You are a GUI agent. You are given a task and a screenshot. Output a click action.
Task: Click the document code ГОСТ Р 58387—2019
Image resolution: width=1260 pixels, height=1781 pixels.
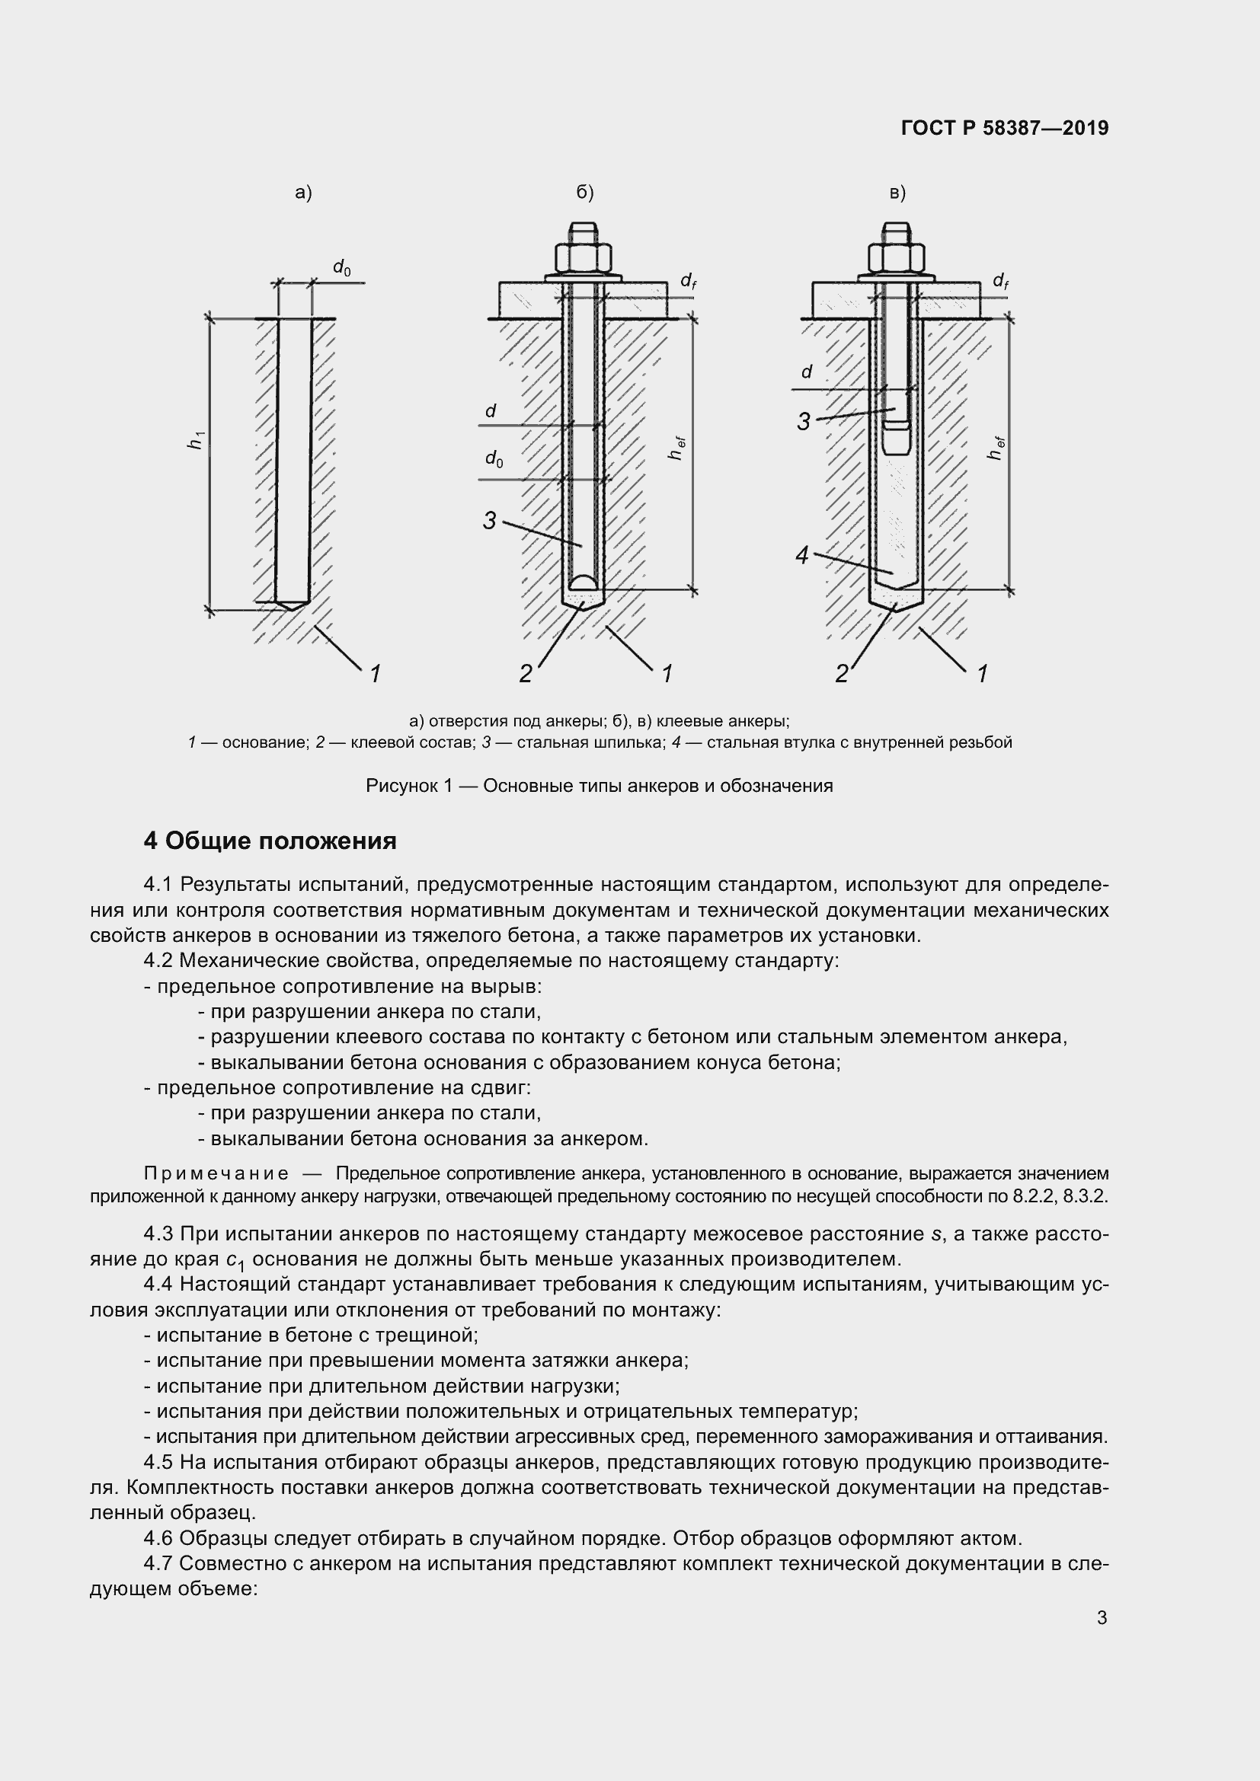pos(1005,128)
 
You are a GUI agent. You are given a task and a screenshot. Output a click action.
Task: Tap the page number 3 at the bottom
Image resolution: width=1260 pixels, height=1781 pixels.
pos(1102,1618)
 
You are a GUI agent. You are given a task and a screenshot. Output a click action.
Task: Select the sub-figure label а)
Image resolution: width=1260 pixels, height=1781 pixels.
pos(303,193)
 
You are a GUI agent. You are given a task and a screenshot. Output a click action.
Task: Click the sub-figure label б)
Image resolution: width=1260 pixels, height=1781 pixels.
pos(585,193)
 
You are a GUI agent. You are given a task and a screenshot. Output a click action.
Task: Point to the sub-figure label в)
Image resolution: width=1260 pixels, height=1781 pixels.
pos(897,193)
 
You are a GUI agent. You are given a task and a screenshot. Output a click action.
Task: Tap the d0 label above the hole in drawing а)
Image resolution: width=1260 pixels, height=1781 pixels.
pos(341,267)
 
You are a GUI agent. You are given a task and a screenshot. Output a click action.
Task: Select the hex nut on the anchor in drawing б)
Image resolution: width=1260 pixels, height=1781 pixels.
pos(584,256)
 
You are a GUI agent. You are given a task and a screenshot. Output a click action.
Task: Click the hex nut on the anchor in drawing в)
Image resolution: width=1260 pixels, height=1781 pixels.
pos(896,256)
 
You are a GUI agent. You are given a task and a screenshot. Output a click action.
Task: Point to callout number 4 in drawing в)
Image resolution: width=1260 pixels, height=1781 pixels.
pos(802,555)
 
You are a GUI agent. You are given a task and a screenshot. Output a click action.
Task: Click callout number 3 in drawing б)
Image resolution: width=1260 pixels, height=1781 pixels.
pos(489,521)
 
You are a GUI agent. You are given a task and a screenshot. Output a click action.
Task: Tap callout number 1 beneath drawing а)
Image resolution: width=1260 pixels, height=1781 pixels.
pos(375,673)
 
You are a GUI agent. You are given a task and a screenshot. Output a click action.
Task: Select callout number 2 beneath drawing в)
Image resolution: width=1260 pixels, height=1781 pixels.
pos(841,673)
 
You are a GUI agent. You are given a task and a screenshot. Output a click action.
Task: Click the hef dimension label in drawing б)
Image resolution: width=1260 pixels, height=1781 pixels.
pos(676,448)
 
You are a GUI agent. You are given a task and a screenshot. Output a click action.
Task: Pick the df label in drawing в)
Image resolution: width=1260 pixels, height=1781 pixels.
pos(1001,280)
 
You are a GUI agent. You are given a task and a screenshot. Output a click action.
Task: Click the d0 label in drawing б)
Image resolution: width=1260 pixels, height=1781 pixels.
pos(494,458)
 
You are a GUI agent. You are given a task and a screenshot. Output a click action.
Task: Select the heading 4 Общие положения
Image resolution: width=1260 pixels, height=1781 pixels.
pos(270,841)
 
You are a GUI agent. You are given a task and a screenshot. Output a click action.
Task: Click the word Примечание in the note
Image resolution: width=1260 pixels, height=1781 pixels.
pos(216,1173)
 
